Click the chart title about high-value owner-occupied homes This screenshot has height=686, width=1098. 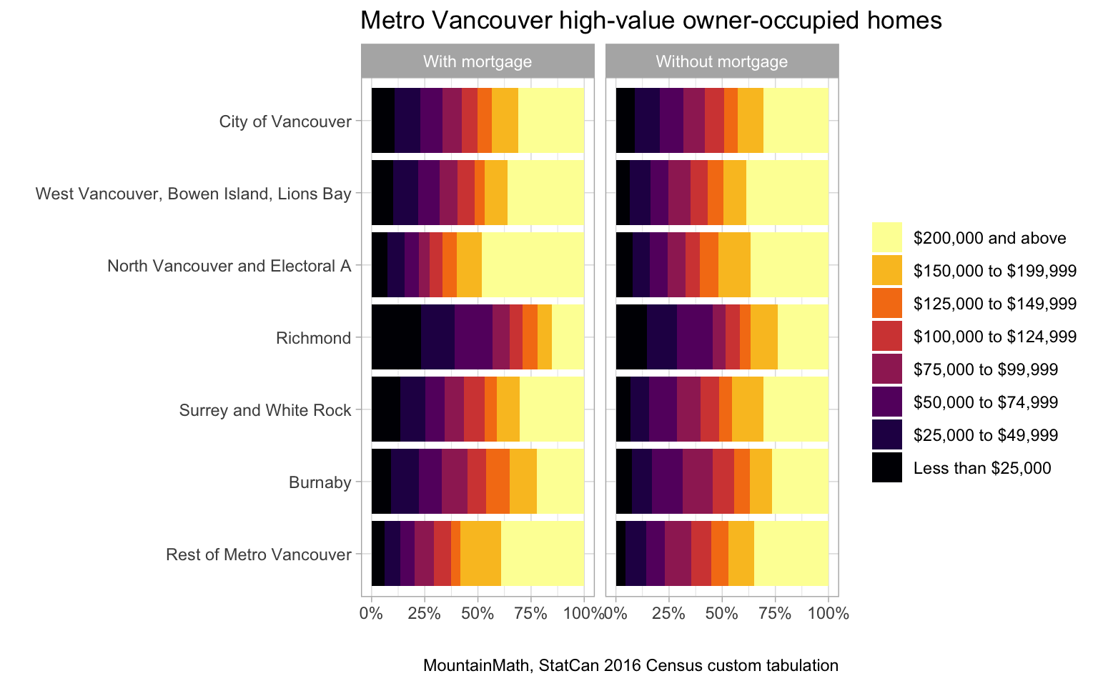click(651, 21)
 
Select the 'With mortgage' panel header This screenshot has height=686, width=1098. click(478, 61)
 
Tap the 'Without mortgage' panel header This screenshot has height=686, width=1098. click(722, 61)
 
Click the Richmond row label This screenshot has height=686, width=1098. click(314, 338)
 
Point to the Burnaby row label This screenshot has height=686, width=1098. click(320, 483)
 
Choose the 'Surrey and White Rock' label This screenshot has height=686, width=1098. click(265, 410)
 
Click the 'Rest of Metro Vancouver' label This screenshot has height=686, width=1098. click(259, 555)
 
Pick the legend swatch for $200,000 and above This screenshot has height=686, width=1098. click(886, 237)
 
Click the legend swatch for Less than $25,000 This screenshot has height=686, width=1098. click(886, 468)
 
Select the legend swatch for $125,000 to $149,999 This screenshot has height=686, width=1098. click(886, 303)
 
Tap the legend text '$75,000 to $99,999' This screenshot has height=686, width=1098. click(986, 369)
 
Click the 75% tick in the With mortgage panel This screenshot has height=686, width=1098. click(530, 613)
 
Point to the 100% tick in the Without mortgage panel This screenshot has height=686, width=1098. click(828, 613)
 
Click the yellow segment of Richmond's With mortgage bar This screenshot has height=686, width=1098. click(568, 337)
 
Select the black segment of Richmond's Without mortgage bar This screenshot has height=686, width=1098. click(631, 337)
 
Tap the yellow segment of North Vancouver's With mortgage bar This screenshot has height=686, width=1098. click(533, 264)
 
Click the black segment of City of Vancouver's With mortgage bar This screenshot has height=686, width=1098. click(382, 120)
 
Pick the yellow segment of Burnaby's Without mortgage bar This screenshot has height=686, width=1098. click(800, 482)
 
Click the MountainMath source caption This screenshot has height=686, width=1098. click(630, 666)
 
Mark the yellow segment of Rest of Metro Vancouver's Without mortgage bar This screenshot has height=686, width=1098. click(791, 554)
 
